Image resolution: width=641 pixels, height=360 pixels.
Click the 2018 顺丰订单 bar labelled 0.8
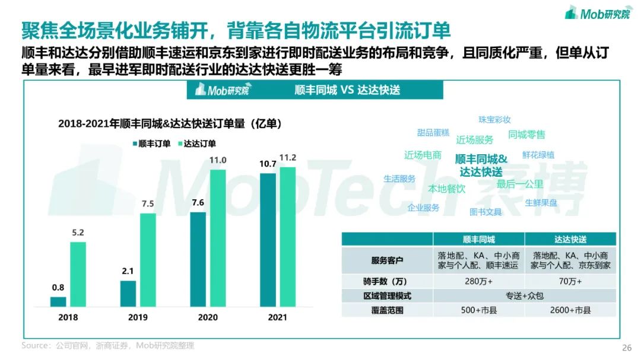pyautogui.click(x=58, y=301)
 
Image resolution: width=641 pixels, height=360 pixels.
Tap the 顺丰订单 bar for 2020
pyautogui.click(x=198, y=259)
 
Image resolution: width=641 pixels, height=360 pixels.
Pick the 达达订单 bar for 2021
pyautogui.click(x=287, y=237)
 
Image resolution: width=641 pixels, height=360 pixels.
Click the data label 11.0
pyautogui.click(x=218, y=160)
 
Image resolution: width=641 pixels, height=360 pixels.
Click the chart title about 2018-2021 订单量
pyautogui.click(x=170, y=123)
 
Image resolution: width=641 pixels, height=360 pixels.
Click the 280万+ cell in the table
pyautogui.click(x=478, y=281)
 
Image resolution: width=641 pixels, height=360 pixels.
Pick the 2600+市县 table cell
pyautogui.click(x=570, y=310)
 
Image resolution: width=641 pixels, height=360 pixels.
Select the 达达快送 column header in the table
pyautogui.click(x=570, y=239)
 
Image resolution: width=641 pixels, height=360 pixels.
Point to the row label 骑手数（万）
pyautogui.click(x=387, y=281)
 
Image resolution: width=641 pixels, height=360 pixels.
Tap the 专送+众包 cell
pyautogui.click(x=524, y=295)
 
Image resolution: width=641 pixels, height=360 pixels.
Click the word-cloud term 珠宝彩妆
pyautogui.click(x=494, y=120)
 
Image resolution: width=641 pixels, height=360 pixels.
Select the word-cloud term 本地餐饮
pyautogui.click(x=447, y=189)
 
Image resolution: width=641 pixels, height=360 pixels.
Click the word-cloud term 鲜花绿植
pyautogui.click(x=538, y=155)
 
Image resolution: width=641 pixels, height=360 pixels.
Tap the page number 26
pyautogui.click(x=626, y=348)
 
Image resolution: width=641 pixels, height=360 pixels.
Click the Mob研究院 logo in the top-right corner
pyautogui.click(x=598, y=13)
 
